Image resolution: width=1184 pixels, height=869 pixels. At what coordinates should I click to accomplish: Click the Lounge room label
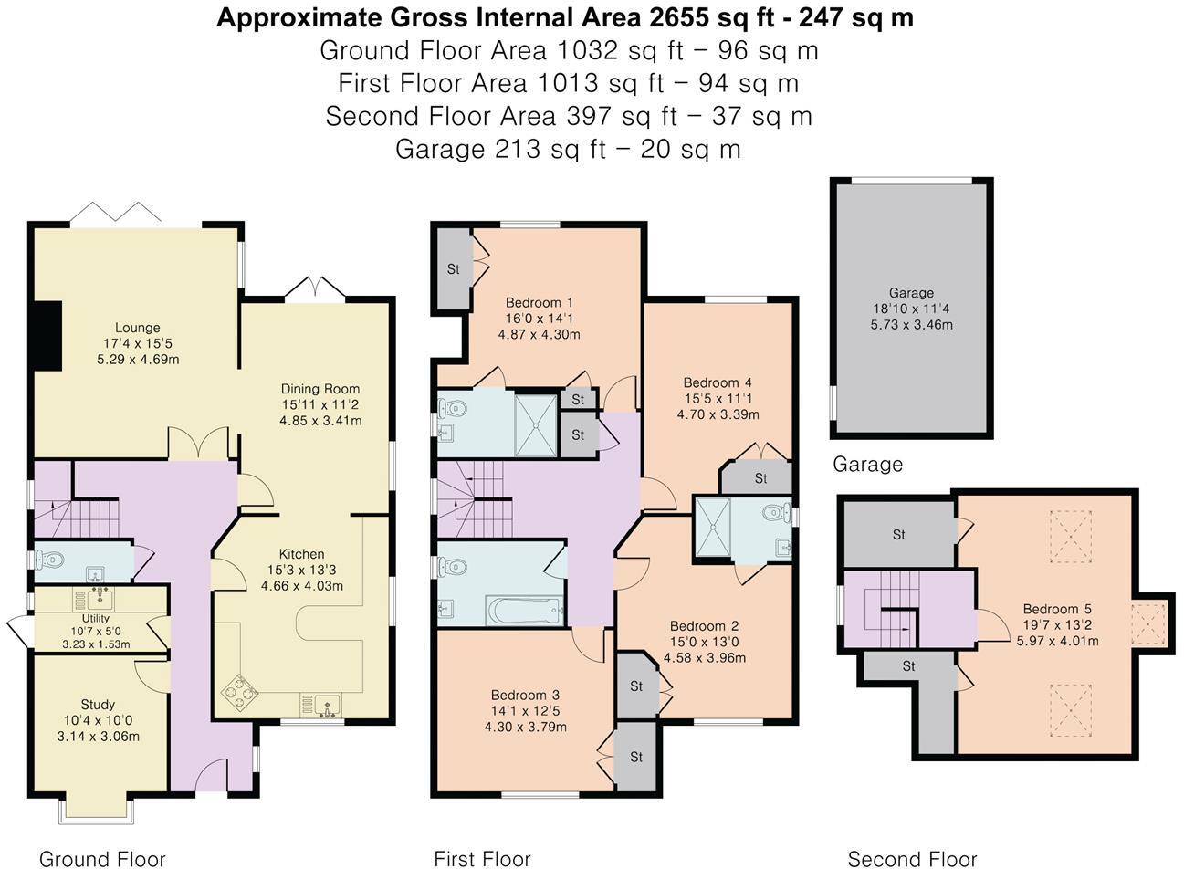point(138,328)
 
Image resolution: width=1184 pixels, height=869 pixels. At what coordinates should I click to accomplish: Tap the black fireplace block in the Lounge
point(48,336)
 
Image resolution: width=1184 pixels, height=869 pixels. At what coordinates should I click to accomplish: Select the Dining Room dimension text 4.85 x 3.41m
point(320,421)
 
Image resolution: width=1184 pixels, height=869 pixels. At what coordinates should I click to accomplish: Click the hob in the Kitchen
point(240,691)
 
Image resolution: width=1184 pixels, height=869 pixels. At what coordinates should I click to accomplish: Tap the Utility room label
point(96,618)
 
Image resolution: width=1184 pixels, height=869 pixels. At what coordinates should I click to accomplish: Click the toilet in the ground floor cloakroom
point(49,560)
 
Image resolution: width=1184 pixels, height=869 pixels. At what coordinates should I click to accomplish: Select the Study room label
point(98,705)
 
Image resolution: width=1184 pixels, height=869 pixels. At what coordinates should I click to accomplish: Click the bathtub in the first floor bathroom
point(525,611)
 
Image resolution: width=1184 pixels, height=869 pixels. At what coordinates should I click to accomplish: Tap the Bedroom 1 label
point(540,303)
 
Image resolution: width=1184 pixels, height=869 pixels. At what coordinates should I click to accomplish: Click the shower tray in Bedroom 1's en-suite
point(536,425)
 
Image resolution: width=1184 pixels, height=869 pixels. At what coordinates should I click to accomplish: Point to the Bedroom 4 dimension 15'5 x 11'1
point(718,399)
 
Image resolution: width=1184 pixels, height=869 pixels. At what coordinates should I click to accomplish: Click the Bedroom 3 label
point(526,695)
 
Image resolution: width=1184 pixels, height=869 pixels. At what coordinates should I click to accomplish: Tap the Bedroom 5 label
point(1057,609)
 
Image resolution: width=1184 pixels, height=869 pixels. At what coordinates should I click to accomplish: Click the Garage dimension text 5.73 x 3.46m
point(912,325)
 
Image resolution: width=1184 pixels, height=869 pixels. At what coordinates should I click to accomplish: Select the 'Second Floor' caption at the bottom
point(912,859)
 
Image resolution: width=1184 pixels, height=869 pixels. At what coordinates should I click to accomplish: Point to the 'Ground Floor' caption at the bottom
point(102,859)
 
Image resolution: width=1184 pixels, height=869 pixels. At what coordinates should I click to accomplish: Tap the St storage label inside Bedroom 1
point(454,269)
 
